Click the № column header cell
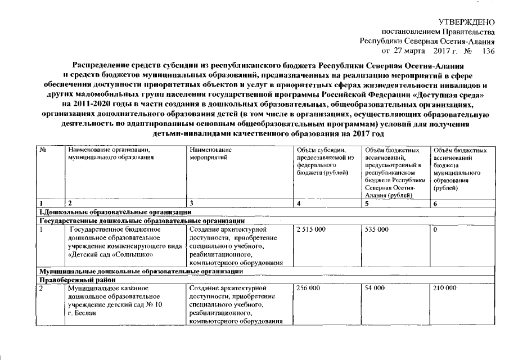coord(43,151)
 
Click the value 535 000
coord(376,230)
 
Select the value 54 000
coord(374,288)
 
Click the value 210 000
coord(444,288)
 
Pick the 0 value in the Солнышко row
coord(435,230)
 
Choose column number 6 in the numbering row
coord(435,203)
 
